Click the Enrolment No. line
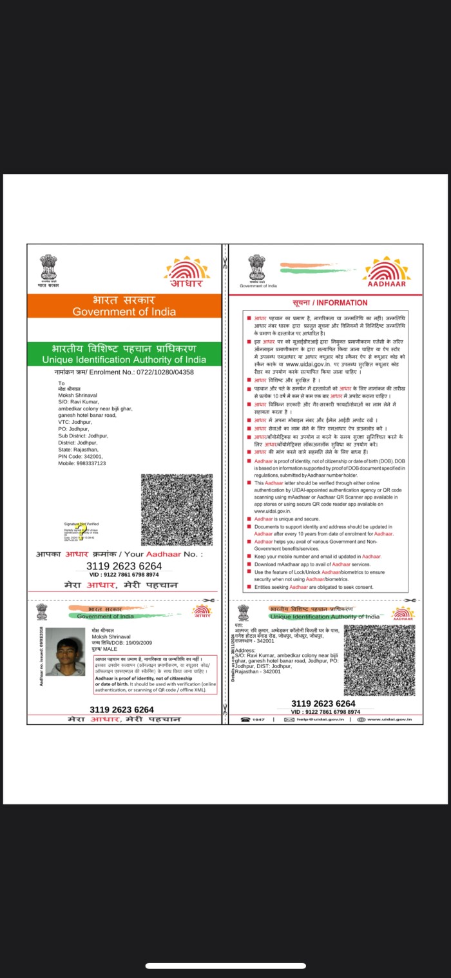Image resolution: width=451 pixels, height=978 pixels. (x=124, y=372)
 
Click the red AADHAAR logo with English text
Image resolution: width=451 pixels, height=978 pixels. (x=387, y=271)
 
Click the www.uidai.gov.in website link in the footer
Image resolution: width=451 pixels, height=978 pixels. (x=386, y=719)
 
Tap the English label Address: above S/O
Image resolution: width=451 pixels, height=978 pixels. (x=245, y=651)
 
